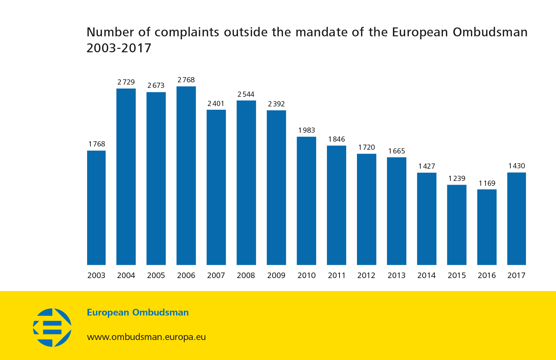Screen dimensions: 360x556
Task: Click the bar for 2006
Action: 186,176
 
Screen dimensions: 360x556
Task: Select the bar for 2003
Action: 96,208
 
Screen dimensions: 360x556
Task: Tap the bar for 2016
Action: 487,227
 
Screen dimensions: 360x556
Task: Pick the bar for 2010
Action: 307,201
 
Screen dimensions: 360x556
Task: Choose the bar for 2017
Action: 516,218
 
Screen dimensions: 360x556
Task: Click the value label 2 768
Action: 186,80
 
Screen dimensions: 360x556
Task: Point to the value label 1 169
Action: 487,183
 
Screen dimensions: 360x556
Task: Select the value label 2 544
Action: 246,95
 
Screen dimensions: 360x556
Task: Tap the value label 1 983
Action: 307,131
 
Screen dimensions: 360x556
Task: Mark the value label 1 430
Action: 516,166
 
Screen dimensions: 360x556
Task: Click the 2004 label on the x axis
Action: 126,275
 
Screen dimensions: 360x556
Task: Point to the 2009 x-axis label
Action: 276,275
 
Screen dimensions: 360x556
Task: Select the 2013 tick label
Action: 397,275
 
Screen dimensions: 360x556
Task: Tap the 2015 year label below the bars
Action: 457,275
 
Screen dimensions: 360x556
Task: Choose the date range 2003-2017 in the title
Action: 119,48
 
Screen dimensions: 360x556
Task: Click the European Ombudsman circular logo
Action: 52,327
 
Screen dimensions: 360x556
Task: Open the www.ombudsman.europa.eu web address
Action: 146,337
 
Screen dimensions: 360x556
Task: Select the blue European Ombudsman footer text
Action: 138,313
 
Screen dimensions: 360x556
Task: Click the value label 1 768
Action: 96,144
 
